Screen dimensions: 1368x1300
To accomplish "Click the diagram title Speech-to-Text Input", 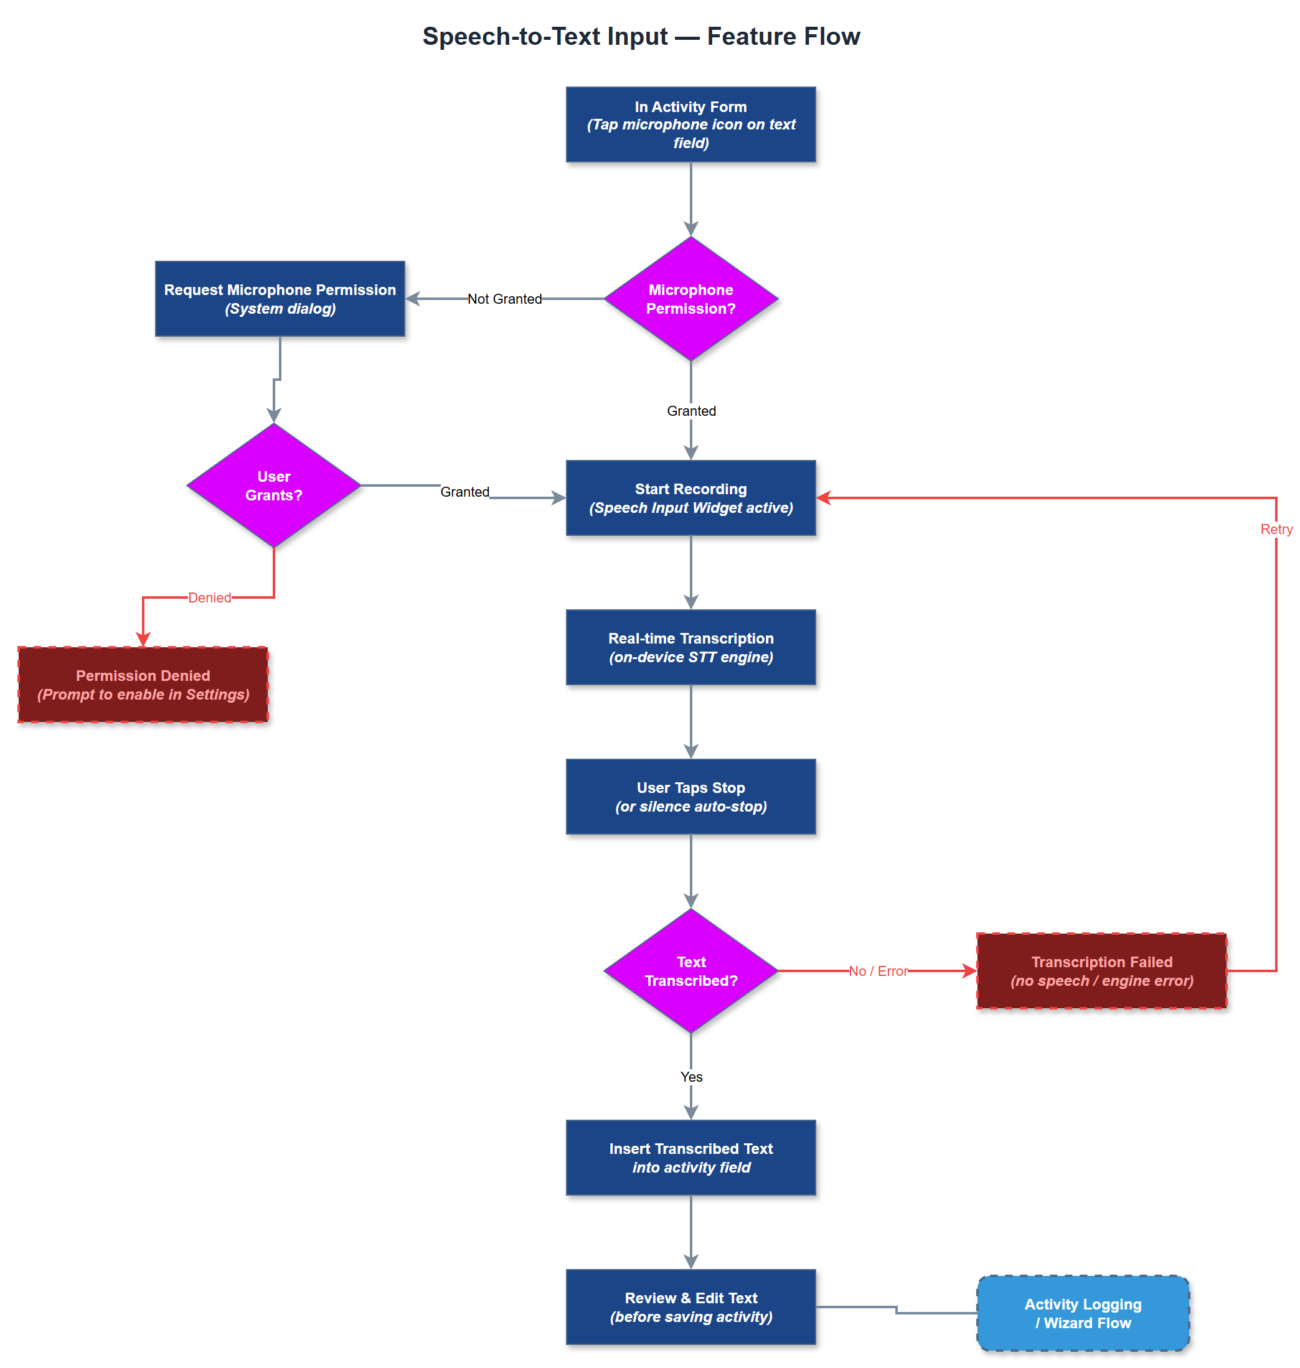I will point(641,36).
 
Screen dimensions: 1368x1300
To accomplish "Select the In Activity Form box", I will point(690,124).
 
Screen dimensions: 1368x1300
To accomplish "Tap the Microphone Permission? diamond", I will point(690,299).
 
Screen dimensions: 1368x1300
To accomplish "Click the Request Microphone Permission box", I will point(280,299).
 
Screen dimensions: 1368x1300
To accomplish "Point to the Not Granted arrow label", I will point(504,299).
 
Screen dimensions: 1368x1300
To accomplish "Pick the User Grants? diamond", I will point(274,485).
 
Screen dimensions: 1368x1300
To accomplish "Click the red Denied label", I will point(209,597).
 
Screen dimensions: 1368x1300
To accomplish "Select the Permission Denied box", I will point(143,685).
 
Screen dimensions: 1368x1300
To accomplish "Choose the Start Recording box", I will point(690,497).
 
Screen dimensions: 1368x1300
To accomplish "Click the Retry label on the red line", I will point(1275,529).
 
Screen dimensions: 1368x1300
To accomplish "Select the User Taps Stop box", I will point(690,797).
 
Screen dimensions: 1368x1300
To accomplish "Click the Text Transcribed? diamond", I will point(690,970).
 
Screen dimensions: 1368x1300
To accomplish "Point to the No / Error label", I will point(877,970).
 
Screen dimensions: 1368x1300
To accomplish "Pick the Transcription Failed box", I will point(1101,970).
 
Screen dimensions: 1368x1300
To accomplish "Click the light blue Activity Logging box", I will point(1083,1313).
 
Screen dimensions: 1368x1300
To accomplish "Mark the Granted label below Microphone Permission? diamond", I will point(690,411).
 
